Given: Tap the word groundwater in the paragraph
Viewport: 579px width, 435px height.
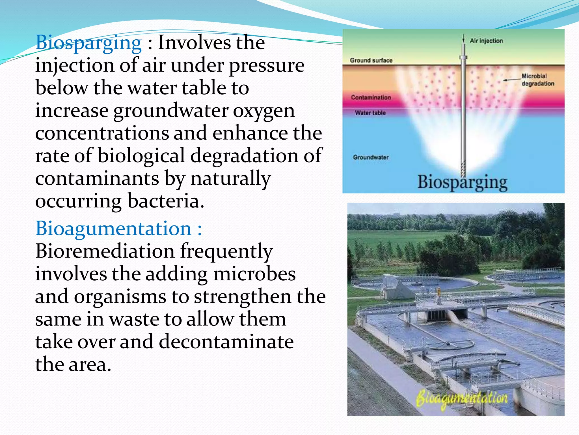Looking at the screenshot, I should click(x=171, y=111).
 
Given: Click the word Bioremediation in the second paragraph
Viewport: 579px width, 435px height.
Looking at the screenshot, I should click(x=105, y=251).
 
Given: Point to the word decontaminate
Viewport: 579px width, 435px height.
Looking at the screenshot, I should click(x=226, y=342).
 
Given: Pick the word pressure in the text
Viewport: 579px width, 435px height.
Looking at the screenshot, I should click(x=266, y=66).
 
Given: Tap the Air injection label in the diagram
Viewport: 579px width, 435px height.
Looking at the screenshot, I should click(x=486, y=41).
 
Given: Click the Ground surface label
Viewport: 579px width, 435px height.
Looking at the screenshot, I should click(x=371, y=60).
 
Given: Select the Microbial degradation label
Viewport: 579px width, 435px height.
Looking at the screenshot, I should click(x=537, y=80).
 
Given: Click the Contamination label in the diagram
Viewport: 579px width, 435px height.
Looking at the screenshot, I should click(x=371, y=97).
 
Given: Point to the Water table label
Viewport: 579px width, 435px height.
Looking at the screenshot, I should click(x=370, y=113).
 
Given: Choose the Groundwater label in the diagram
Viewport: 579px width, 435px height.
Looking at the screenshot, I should click(x=371, y=157).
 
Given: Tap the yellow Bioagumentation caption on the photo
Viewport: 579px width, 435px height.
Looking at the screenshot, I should click(x=462, y=399).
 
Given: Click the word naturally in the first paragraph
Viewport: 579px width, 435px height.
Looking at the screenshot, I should click(x=231, y=179).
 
